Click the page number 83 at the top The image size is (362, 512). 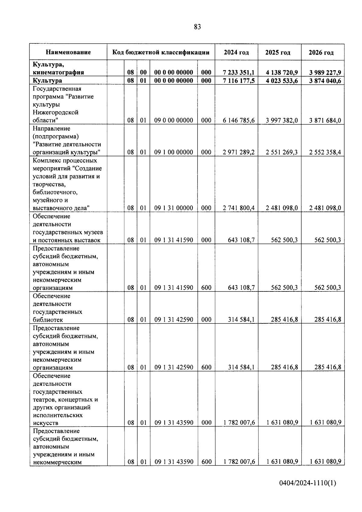pyautogui.click(x=198, y=27)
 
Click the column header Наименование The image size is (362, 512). pyautogui.click(x=68, y=52)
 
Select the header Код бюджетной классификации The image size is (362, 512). pyautogui.click(x=161, y=52)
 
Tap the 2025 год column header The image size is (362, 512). pyautogui.click(x=278, y=52)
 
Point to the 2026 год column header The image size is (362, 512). pyautogui.click(x=321, y=52)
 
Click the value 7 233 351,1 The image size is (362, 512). pyautogui.click(x=239, y=72)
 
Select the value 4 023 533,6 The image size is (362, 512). pyautogui.click(x=282, y=81)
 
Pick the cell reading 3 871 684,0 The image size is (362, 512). pyautogui.click(x=325, y=120)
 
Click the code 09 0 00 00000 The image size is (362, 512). pyautogui.click(x=174, y=120)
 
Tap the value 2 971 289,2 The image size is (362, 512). pyautogui.click(x=239, y=152)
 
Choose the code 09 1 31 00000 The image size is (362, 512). pyautogui.click(x=174, y=208)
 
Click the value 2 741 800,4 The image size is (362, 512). pyautogui.click(x=239, y=208)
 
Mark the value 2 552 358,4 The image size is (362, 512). pyautogui.click(x=325, y=152)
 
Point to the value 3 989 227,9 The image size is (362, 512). pyautogui.click(x=325, y=72)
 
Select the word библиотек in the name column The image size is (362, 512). pyautogui.click(x=48, y=320)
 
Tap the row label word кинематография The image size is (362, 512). pyautogui.click(x=59, y=72)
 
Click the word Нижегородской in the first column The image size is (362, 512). pyautogui.click(x=56, y=113)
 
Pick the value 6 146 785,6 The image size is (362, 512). pyautogui.click(x=239, y=120)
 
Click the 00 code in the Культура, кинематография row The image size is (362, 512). pyautogui.click(x=143, y=72)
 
